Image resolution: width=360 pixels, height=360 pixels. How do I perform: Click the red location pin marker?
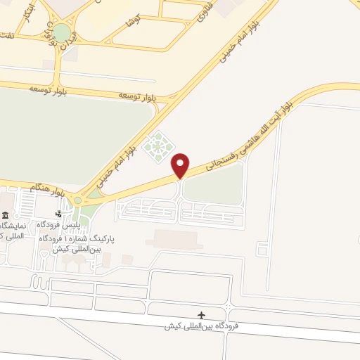(181, 165)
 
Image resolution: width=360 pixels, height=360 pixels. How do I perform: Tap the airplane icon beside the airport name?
(203, 314)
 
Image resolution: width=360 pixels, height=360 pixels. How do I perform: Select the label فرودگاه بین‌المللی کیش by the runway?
(202, 326)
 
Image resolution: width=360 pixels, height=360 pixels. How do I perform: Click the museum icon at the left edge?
(5, 214)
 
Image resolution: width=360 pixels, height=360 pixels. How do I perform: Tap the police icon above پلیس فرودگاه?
(59, 214)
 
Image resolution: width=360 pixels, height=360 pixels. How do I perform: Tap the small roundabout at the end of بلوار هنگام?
(77, 200)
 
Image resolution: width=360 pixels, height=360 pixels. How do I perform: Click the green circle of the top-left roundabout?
(62, 32)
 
